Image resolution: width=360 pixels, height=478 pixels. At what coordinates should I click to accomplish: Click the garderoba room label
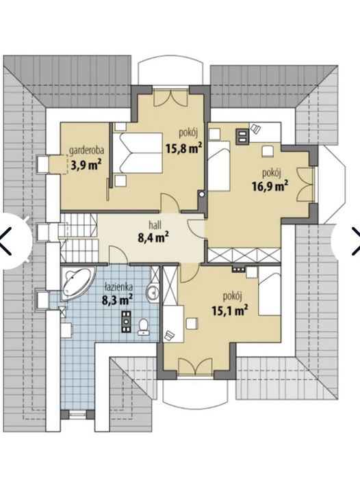pyautogui.click(x=87, y=150)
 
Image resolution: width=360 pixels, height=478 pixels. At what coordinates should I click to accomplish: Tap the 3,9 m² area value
pyautogui.click(x=86, y=165)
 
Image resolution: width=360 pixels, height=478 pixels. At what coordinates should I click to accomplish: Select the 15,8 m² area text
pyautogui.click(x=184, y=148)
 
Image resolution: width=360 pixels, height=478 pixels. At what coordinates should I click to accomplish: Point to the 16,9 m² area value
pyautogui.click(x=270, y=185)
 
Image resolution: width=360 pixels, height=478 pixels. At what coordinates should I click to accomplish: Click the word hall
pyautogui.click(x=155, y=225)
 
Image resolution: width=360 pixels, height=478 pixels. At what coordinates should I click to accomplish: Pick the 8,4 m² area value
pyautogui.click(x=153, y=237)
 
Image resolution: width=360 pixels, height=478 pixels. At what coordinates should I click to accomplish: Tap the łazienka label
pyautogui.click(x=118, y=287)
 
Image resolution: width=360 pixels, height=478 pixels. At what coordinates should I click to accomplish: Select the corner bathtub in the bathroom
pyautogui.click(x=76, y=282)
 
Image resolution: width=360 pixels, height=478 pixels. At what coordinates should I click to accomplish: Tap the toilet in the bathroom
pyautogui.click(x=144, y=327)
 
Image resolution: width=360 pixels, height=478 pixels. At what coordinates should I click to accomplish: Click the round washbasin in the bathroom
pyautogui.click(x=152, y=293)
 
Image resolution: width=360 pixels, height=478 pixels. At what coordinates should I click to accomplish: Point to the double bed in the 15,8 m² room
pyautogui.click(x=138, y=153)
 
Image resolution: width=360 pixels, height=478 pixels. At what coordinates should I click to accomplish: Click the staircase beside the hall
pyautogui.click(x=79, y=237)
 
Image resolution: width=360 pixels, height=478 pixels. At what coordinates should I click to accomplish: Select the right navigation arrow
pyautogui.click(x=356, y=241)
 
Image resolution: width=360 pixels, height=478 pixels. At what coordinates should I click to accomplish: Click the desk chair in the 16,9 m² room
pyautogui.click(x=255, y=129)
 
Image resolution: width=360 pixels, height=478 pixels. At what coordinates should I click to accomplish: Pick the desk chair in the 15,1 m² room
pyautogui.click(x=169, y=335)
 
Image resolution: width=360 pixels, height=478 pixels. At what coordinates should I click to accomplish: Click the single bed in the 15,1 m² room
pyautogui.click(x=270, y=291)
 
